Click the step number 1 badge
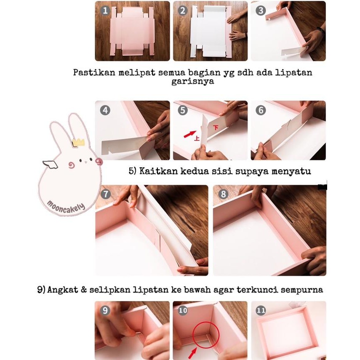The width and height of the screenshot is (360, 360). pos(105,11)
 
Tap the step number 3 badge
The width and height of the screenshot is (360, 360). pos(261,11)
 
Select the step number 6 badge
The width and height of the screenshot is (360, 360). pos(261,110)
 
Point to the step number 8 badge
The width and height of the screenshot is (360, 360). pos(223,194)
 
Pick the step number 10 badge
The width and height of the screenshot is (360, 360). pos(183,310)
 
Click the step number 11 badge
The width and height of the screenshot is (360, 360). pos(261,310)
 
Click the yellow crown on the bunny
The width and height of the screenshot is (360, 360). pos(78,142)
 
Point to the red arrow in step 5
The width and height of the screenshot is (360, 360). pos(190,134)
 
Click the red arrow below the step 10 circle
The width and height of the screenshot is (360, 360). pos(192,353)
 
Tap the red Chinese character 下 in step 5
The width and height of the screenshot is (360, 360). pos(216,128)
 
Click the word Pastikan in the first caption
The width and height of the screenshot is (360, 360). pos(94,72)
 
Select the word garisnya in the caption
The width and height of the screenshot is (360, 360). pos(193,81)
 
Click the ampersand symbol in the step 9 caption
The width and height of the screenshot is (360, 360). pos(84,290)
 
